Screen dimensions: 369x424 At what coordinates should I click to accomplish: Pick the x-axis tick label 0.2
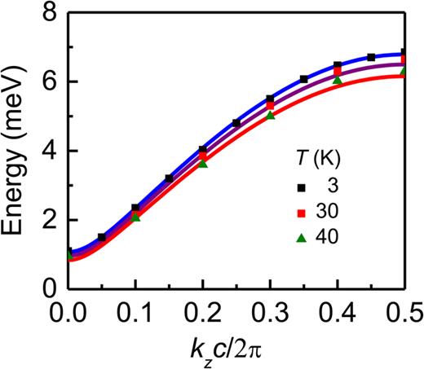click(x=204, y=312)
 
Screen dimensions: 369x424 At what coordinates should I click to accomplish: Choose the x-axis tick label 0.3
click(x=271, y=312)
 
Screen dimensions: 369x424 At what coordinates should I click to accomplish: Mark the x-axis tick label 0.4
click(x=338, y=312)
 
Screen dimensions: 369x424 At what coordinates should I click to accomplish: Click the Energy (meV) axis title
click(x=17, y=151)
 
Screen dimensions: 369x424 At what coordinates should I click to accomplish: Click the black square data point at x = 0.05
click(x=102, y=237)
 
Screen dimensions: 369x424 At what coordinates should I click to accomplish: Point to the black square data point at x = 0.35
click(x=304, y=79)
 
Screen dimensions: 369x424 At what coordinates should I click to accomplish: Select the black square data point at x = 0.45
click(x=371, y=57)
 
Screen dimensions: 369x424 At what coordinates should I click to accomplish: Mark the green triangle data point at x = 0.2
click(x=203, y=164)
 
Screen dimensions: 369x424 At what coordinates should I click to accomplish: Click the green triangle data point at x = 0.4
click(x=338, y=79)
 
